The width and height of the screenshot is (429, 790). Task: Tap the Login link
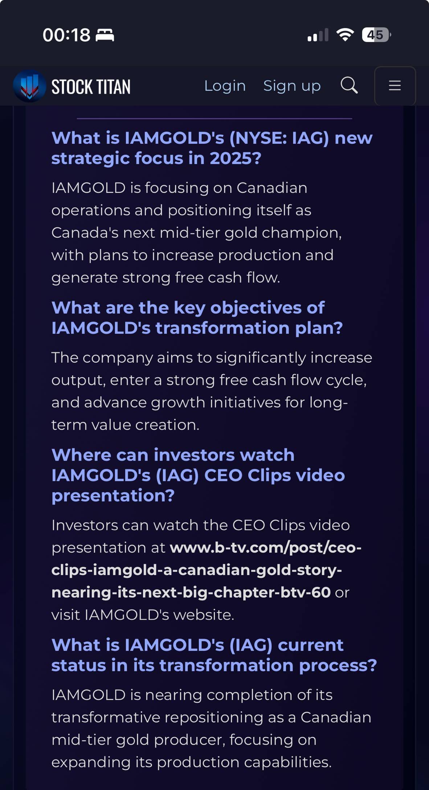pyautogui.click(x=225, y=86)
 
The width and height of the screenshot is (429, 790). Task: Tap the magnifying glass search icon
pyautogui.click(x=349, y=86)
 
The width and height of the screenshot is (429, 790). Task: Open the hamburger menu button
pyautogui.click(x=395, y=86)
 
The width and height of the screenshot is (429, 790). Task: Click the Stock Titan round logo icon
pyautogui.click(x=29, y=86)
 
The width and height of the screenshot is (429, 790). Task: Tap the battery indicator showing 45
pyautogui.click(x=376, y=35)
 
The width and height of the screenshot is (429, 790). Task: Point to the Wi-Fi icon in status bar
pyautogui.click(x=345, y=35)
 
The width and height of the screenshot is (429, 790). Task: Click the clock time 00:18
pyautogui.click(x=66, y=35)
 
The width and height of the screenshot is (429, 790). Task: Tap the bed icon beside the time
pyautogui.click(x=105, y=35)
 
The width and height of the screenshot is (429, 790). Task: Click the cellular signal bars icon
pyautogui.click(x=318, y=35)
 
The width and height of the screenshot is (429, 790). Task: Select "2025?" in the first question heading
pyautogui.click(x=235, y=158)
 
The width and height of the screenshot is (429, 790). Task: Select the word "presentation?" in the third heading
pyautogui.click(x=113, y=496)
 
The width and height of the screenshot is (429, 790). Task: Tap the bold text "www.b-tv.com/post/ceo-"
pyautogui.click(x=266, y=547)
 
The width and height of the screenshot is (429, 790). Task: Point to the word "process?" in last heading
pyautogui.click(x=338, y=666)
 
